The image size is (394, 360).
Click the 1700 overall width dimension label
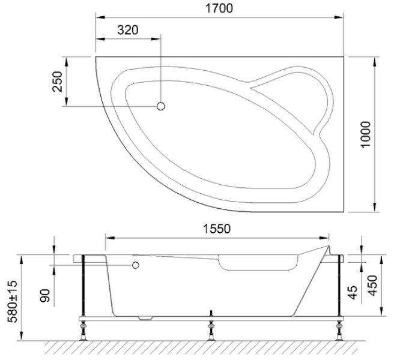coord(219,8)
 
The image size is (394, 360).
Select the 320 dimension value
coord(128,30)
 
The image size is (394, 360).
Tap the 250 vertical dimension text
coord(57,82)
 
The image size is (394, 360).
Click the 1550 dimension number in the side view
coord(217,229)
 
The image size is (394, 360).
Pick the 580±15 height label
coord(12,301)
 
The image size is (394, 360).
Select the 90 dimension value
coord(45,295)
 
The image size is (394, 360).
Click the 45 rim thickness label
coord(353,292)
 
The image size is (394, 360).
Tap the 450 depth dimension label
coord(372,286)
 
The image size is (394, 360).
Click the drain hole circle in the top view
coord(160,106)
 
